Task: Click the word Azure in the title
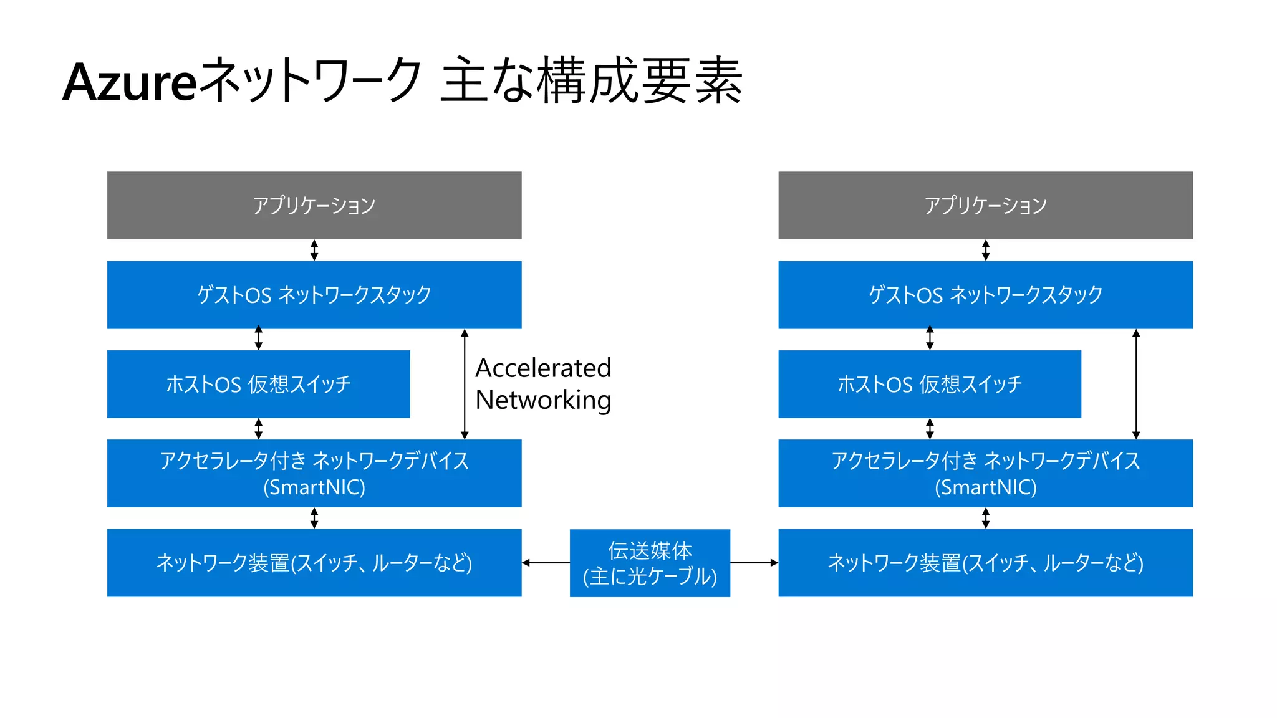[x=130, y=83]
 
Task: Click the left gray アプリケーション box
[x=314, y=205]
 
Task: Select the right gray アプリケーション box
[x=985, y=205]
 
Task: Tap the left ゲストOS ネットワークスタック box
[x=314, y=294]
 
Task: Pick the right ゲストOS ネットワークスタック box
[x=985, y=294]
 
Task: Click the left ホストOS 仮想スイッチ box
[x=258, y=384]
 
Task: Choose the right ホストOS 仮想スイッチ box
[x=929, y=384]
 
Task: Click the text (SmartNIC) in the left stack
[x=314, y=487]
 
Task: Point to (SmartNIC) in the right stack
[x=985, y=487]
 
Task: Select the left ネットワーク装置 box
[x=314, y=563]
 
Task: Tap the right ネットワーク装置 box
[x=985, y=563]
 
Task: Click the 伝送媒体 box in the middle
[x=650, y=563]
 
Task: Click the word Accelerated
[x=543, y=368]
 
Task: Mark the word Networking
[x=543, y=400]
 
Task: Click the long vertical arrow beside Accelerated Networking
[x=465, y=384]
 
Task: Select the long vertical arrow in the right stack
[x=1136, y=384]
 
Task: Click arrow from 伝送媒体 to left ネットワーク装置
[x=546, y=563]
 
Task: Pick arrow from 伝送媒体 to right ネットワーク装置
[x=754, y=563]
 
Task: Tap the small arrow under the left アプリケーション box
[x=314, y=250]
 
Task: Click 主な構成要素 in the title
[x=591, y=81]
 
